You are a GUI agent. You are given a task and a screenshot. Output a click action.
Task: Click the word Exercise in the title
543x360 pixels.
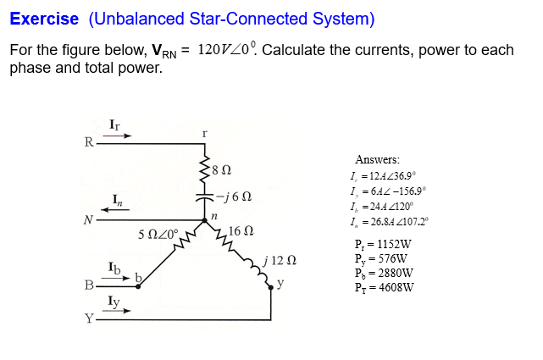click(44, 18)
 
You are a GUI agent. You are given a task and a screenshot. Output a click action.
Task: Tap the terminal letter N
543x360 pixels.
click(86, 220)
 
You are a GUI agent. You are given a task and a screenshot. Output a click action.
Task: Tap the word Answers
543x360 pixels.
click(378, 160)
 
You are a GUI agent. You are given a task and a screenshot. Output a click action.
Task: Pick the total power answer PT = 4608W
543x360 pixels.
click(384, 287)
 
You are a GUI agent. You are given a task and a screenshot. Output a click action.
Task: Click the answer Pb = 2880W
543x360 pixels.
click(384, 273)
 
